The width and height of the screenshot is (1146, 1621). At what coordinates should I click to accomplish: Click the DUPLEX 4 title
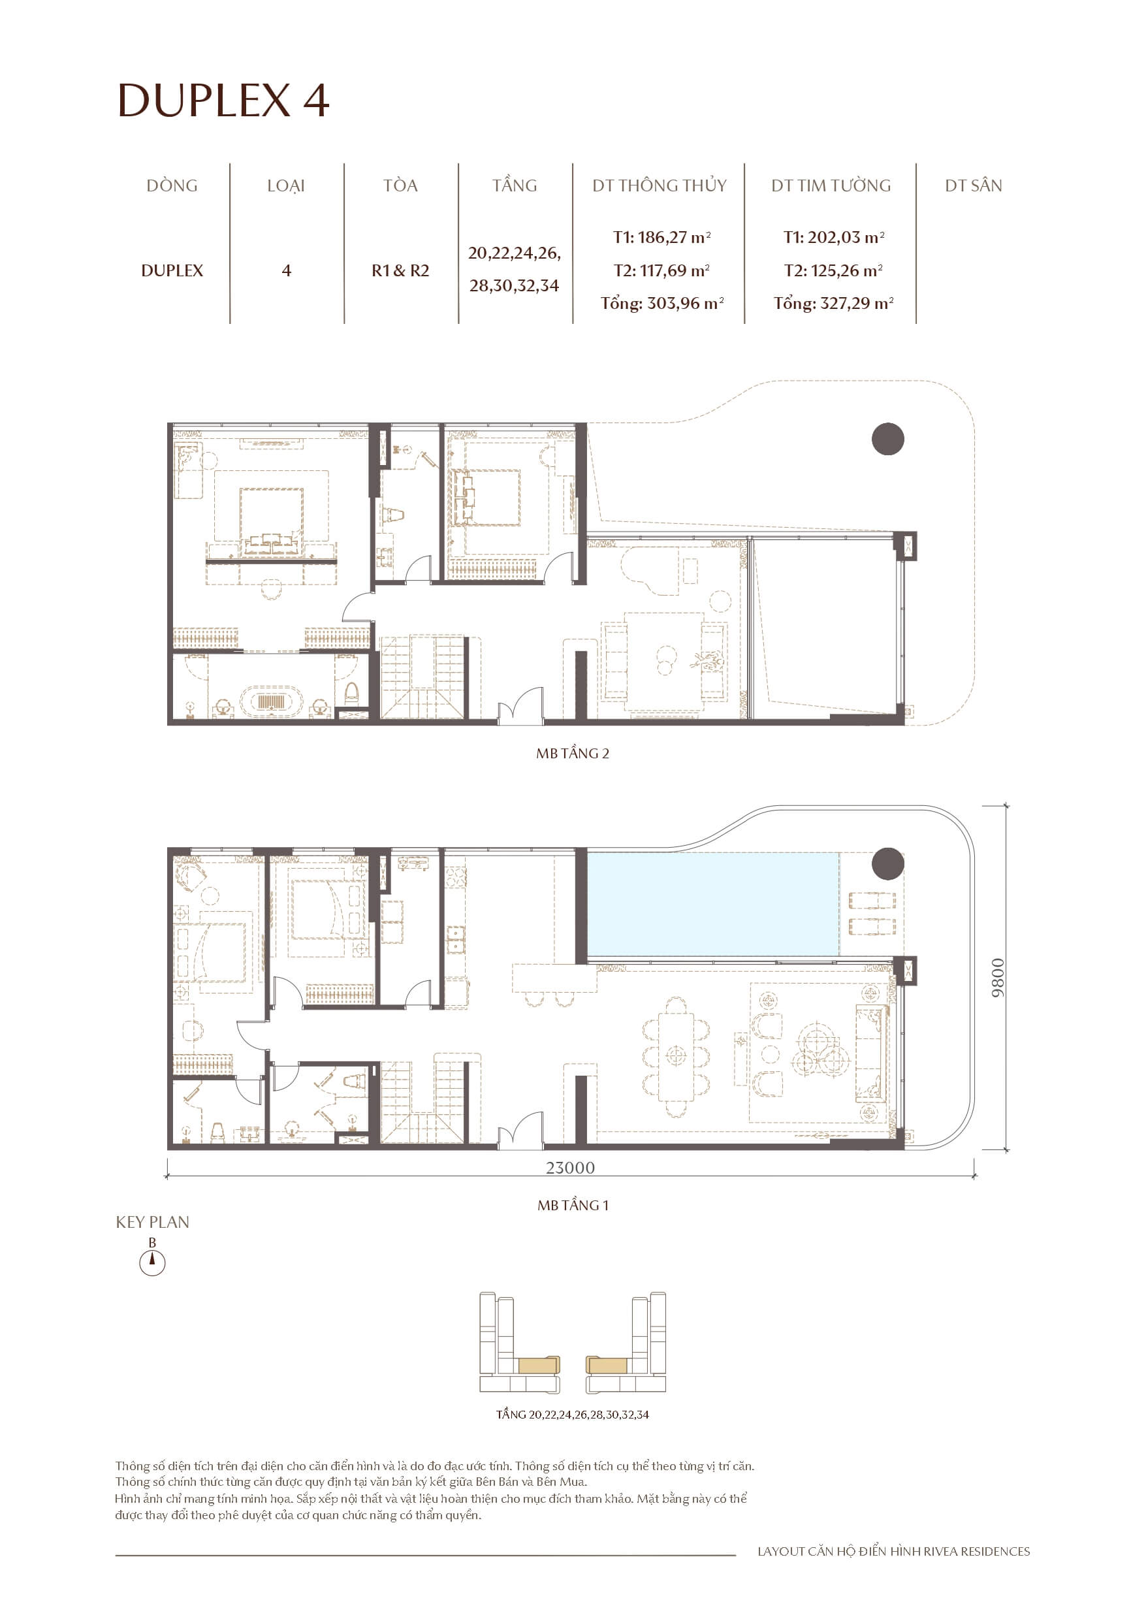[x=223, y=101]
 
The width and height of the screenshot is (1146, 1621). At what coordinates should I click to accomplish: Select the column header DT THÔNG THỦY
[x=659, y=185]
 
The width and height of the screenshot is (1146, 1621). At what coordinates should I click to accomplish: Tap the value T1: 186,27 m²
[x=661, y=237]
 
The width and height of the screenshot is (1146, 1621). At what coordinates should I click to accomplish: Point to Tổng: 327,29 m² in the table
[x=833, y=304]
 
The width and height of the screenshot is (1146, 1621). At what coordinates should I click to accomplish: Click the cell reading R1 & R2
[x=400, y=270]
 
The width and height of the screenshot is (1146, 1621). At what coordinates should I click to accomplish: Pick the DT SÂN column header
[x=973, y=185]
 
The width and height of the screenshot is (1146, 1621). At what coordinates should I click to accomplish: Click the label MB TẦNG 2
[x=572, y=753]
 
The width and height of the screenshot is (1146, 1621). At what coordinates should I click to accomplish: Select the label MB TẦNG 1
[x=572, y=1205]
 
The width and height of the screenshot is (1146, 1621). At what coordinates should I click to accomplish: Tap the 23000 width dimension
[x=570, y=1168]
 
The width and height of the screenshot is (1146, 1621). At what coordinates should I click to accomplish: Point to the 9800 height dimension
[x=997, y=978]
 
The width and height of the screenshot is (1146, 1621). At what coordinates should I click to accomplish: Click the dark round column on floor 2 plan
[x=887, y=439]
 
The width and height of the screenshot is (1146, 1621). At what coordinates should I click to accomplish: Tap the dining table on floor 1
[x=676, y=1056]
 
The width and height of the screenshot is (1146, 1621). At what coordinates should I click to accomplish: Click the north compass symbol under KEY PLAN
[x=151, y=1262]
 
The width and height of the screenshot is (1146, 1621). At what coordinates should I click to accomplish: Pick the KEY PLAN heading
[x=153, y=1222]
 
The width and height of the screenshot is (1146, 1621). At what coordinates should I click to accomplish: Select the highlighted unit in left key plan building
[x=539, y=1365]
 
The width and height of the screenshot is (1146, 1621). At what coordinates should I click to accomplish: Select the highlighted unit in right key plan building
[x=607, y=1365]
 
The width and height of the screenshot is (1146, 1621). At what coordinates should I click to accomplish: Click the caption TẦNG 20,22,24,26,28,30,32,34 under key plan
[x=572, y=1414]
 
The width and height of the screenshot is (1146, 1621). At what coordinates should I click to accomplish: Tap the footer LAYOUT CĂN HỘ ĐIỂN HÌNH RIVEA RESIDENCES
[x=893, y=1551]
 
